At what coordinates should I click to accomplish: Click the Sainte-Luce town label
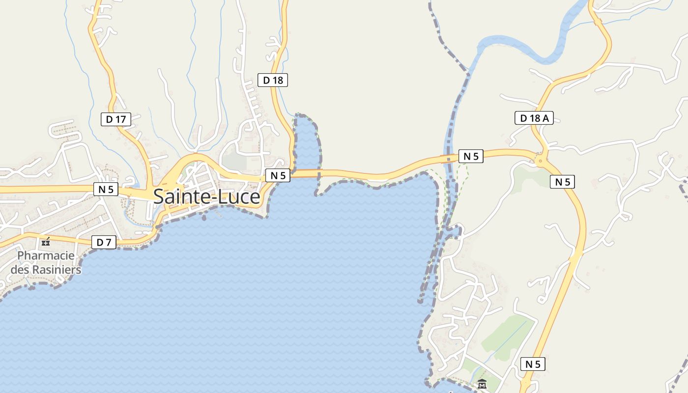[206, 196]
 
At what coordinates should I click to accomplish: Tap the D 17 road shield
[116, 119]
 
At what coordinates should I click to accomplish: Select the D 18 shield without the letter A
[273, 80]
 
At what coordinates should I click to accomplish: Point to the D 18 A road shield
[534, 118]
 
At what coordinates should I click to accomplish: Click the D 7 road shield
[104, 242]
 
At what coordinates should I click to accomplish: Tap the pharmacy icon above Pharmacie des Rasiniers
[46, 242]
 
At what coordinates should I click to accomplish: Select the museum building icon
[482, 384]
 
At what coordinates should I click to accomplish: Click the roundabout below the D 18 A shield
[541, 159]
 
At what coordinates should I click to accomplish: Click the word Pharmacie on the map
[46, 256]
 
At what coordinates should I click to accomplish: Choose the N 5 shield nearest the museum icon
[533, 364]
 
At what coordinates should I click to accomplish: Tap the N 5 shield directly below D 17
[106, 189]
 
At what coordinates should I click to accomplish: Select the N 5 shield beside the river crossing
[471, 156]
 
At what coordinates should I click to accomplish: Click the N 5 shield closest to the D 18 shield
[278, 175]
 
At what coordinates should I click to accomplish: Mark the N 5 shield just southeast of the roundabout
[562, 182]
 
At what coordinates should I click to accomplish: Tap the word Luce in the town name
[240, 196]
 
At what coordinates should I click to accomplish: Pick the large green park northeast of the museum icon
[506, 334]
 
